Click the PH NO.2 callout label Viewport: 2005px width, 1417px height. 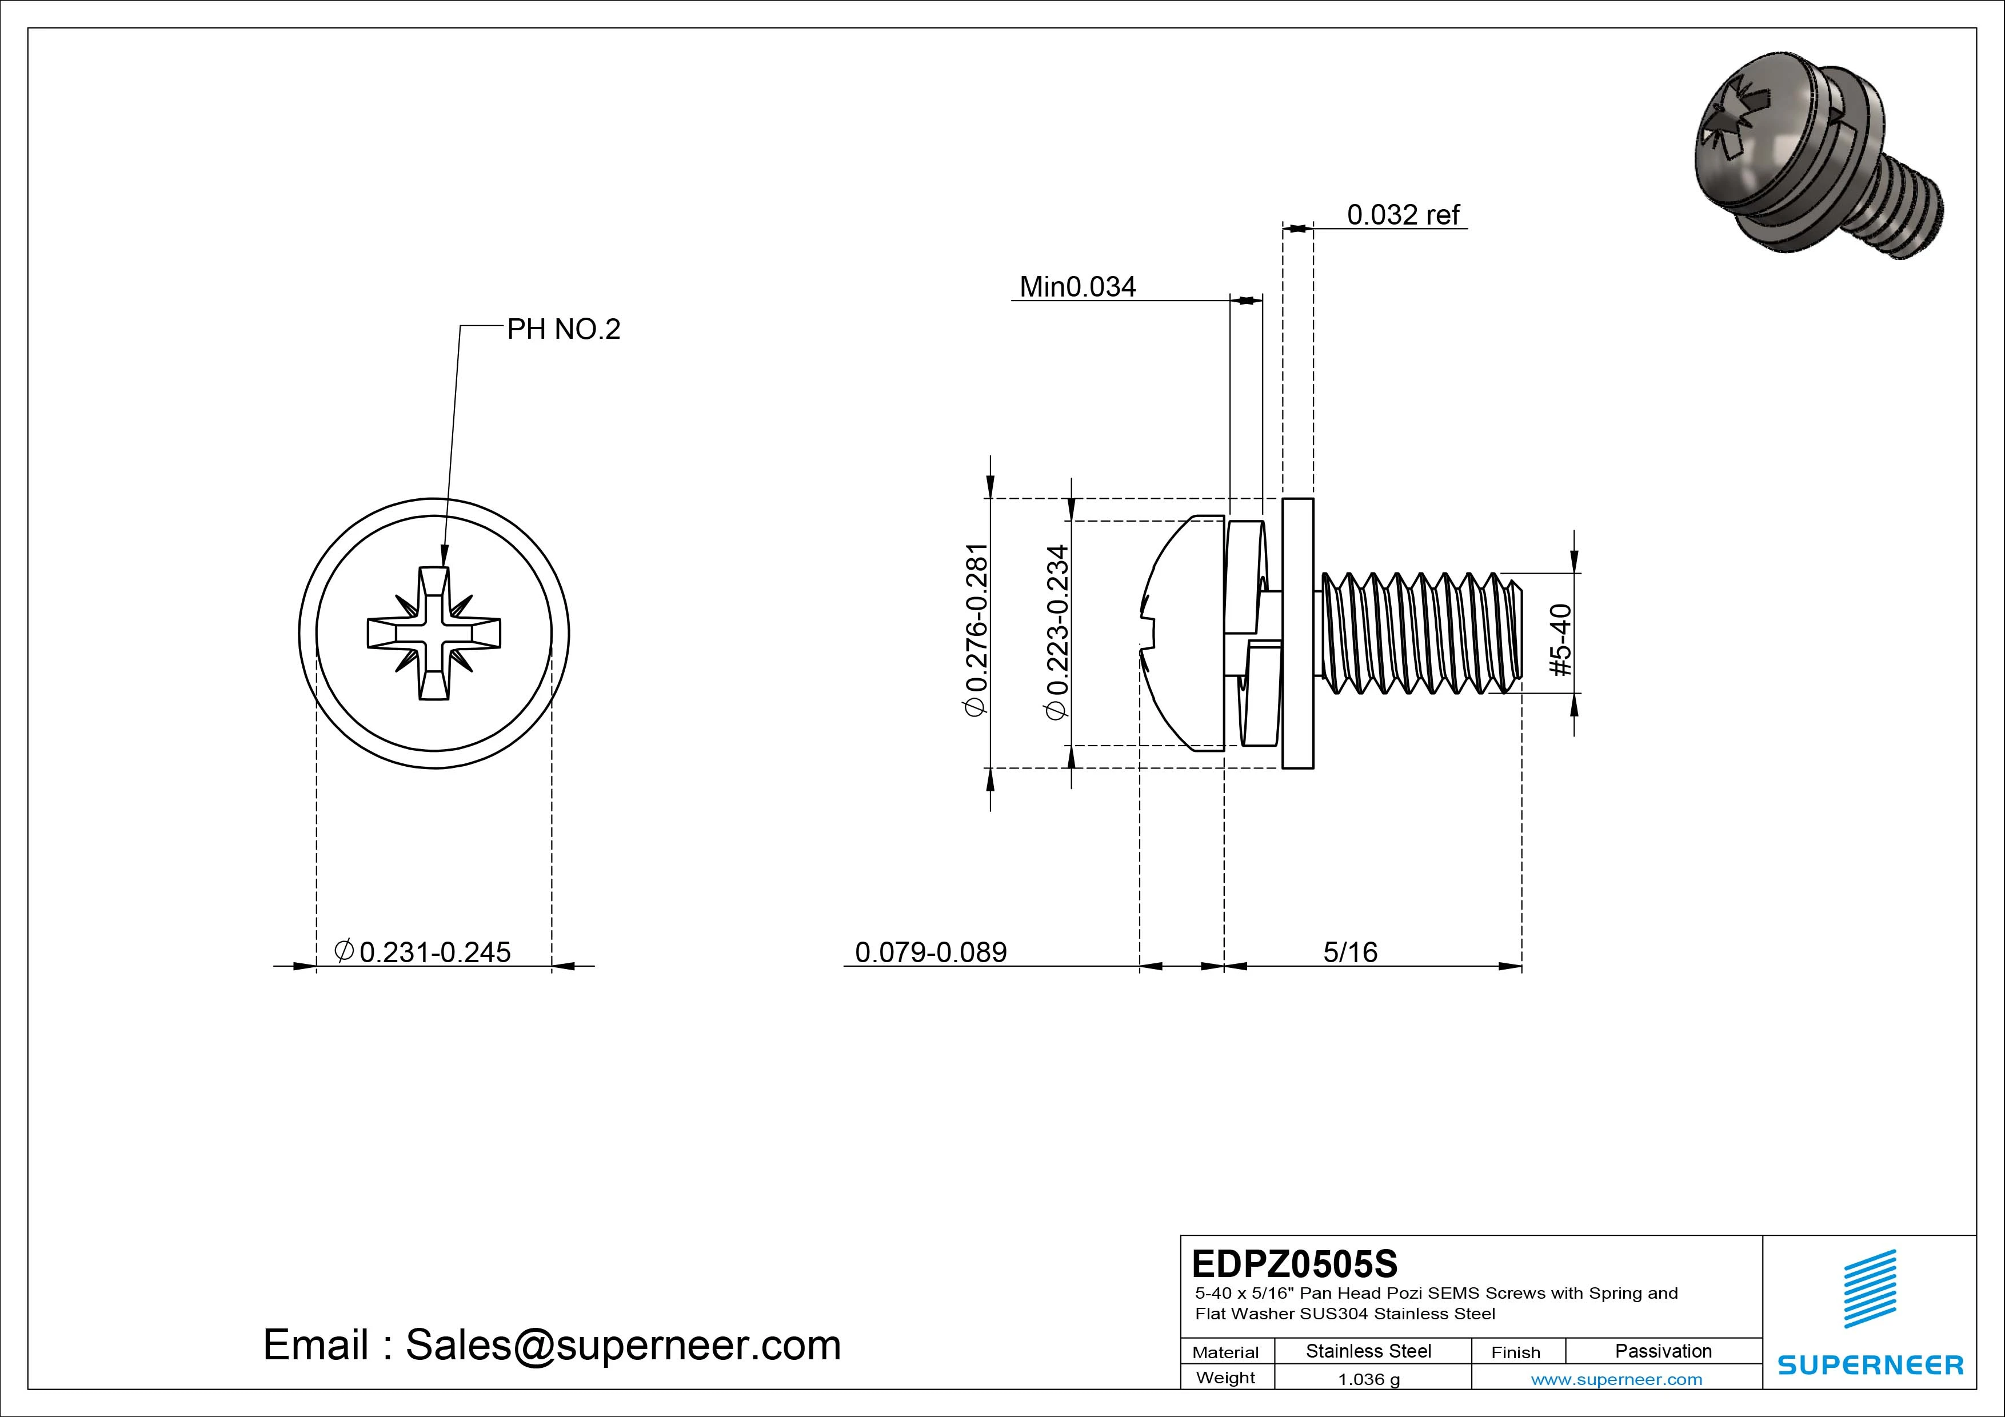pos(563,329)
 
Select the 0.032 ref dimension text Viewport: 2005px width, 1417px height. pos(1403,215)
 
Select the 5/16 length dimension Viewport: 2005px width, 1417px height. pos(1350,952)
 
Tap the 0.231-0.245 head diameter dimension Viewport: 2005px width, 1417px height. pos(424,952)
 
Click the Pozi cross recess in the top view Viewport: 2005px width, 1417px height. pos(434,633)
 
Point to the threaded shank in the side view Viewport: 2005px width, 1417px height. pos(1419,633)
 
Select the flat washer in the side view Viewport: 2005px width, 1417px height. pos(1297,633)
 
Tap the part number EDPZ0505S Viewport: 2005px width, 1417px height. pos(1294,1263)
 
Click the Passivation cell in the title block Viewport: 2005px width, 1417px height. pos(1663,1351)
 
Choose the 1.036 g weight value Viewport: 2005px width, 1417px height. pos(1368,1379)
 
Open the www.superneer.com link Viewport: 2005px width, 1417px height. pos(1616,1379)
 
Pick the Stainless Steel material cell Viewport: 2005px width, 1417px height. pos(1368,1351)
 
